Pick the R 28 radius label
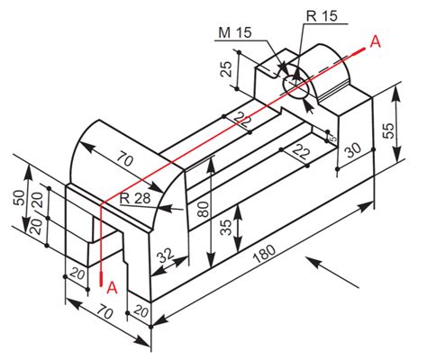pyautogui.click(x=135, y=198)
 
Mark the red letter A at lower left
pyautogui.click(x=112, y=287)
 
